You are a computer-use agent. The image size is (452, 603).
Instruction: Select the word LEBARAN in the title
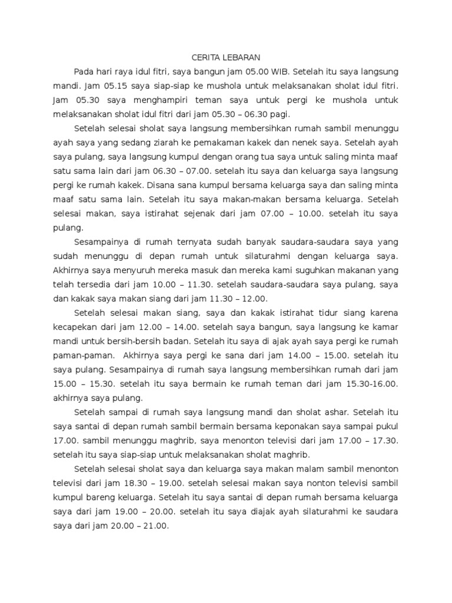tap(243, 58)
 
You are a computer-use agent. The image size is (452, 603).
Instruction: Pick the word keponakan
tap(293, 426)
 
